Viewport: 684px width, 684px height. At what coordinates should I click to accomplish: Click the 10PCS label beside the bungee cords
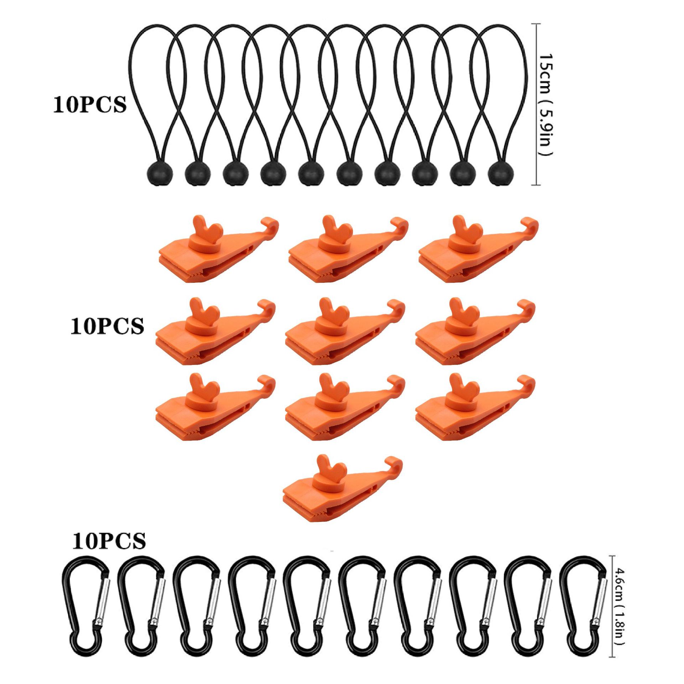pyautogui.click(x=90, y=105)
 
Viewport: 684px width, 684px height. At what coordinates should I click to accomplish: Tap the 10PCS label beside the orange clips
pyautogui.click(x=107, y=326)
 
